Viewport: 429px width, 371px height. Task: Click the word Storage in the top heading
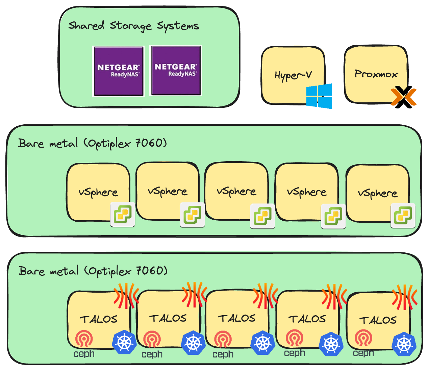pyautogui.click(x=130, y=26)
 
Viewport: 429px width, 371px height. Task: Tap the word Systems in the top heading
pyautogui.click(x=178, y=26)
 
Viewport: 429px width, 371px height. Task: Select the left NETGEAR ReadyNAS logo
pyautogui.click(x=118, y=71)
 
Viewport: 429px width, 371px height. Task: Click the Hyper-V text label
pyautogui.click(x=293, y=75)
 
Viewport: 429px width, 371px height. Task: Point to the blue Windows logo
pyautogui.click(x=319, y=96)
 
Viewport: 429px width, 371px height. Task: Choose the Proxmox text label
pyautogui.click(x=376, y=74)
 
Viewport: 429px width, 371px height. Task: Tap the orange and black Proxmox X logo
pyautogui.click(x=404, y=96)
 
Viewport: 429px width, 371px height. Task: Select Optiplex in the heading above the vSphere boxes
pyautogui.click(x=109, y=144)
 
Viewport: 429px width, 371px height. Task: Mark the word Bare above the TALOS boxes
pyautogui.click(x=31, y=271)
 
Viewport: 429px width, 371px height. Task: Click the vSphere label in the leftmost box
pyautogui.click(x=98, y=192)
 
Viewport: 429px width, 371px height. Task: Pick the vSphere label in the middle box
pyautogui.click(x=236, y=192)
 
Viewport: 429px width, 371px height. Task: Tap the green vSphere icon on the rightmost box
pyautogui.click(x=403, y=215)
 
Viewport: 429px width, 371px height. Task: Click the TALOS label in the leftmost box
pyautogui.click(x=99, y=319)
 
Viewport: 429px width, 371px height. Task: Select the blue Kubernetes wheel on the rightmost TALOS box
pyautogui.click(x=404, y=344)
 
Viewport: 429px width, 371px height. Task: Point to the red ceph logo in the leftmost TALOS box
pyautogui.click(x=84, y=339)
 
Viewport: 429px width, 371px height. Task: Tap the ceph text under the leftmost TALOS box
pyautogui.click(x=84, y=354)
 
